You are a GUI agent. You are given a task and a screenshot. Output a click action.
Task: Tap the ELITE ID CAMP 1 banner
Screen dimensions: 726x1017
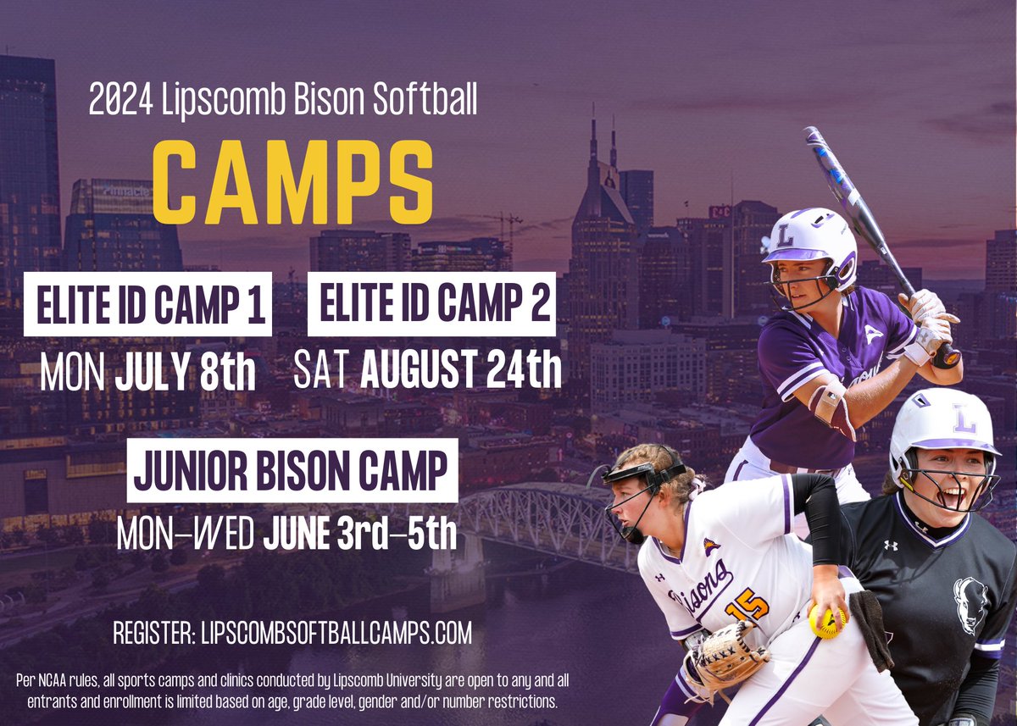(147, 304)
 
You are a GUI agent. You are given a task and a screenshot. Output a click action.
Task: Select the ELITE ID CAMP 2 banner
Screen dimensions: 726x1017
(431, 304)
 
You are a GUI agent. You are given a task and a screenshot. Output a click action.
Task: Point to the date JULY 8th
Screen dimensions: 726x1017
(186, 373)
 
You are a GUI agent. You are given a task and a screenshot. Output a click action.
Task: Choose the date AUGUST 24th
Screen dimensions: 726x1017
(461, 371)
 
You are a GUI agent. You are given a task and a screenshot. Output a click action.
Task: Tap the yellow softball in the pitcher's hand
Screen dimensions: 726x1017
(825, 622)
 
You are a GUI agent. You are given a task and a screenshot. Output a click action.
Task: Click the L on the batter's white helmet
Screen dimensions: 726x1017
(785, 236)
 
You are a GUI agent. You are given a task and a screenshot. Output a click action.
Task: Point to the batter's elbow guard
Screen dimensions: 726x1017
(831, 407)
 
